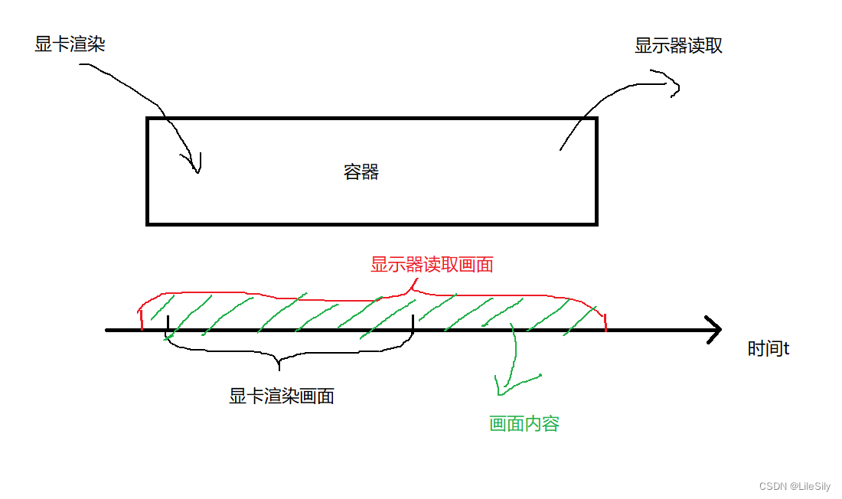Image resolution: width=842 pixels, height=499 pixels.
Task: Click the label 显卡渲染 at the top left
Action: click(x=70, y=44)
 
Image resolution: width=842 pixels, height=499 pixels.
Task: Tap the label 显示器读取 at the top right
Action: click(x=678, y=46)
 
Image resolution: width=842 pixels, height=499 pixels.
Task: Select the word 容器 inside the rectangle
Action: click(x=361, y=171)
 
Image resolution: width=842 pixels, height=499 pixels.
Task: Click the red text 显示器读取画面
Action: click(x=432, y=265)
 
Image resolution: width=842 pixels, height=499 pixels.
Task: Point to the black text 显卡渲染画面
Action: click(x=281, y=396)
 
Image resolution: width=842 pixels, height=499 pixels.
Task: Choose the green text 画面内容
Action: click(x=524, y=423)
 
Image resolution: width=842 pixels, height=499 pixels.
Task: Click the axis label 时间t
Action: click(x=768, y=349)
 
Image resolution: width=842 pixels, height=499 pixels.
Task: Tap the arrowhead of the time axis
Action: click(x=715, y=330)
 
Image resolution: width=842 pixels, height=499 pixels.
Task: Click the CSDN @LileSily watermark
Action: click(x=794, y=486)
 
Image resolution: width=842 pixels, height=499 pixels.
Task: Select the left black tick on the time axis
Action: click(x=167, y=325)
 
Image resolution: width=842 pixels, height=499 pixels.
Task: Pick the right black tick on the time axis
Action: click(x=413, y=325)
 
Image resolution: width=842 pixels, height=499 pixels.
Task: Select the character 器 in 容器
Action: click(x=370, y=171)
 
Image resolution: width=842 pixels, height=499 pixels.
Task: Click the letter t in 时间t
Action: click(x=786, y=350)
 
